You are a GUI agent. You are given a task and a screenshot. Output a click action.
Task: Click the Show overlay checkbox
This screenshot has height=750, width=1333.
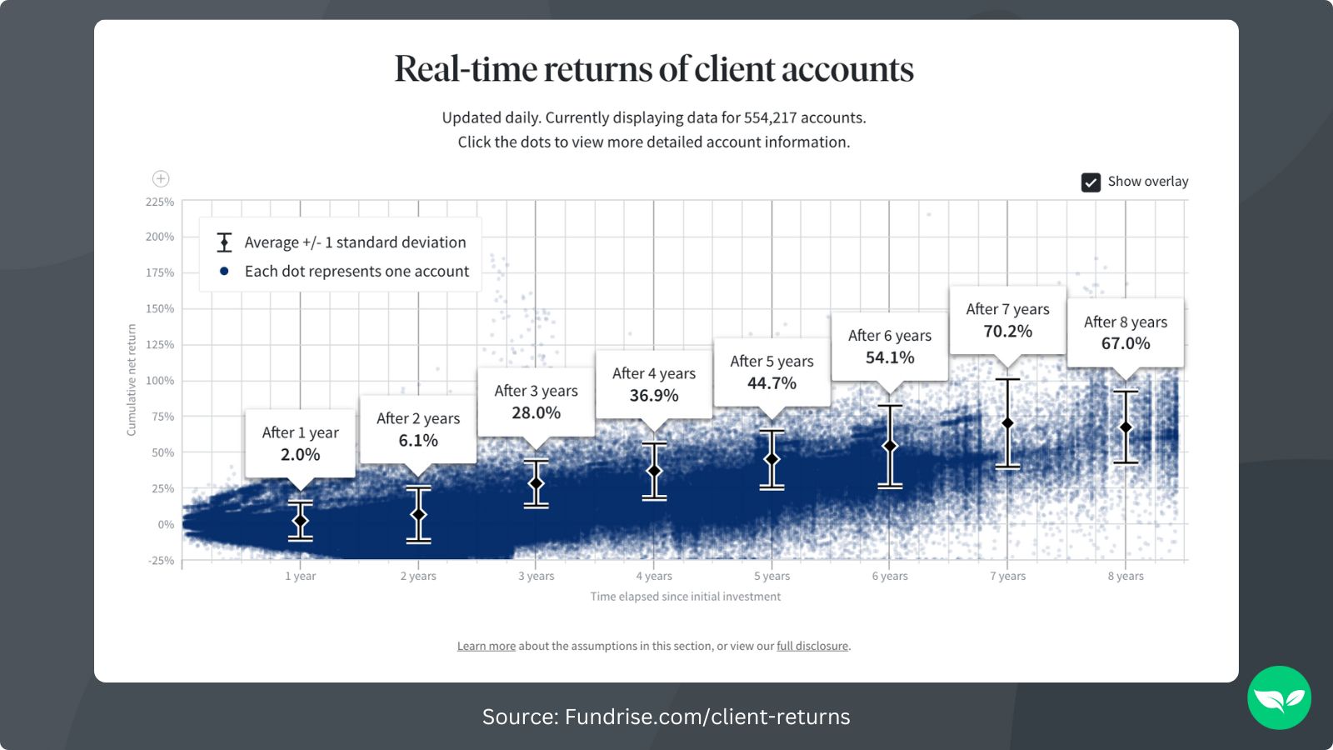tap(1091, 182)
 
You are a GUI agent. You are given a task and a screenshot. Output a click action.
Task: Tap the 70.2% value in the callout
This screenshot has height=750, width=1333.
tap(1007, 332)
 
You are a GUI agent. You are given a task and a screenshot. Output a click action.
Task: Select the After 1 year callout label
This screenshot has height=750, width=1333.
tap(300, 432)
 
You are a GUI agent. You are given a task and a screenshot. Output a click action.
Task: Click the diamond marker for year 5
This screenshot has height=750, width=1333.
tap(771, 459)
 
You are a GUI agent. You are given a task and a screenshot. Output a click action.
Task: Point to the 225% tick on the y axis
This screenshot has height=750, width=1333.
tap(160, 202)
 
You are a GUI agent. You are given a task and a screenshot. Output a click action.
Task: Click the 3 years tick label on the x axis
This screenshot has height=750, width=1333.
tap(536, 577)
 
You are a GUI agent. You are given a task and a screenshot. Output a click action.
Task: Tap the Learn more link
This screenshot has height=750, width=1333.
tap(486, 646)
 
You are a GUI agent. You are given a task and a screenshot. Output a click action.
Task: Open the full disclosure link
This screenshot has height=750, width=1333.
tap(812, 646)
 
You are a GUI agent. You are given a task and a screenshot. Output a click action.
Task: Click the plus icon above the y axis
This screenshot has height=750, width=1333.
tap(161, 179)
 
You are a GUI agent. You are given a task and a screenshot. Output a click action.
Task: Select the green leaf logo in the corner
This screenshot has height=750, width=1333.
tap(1279, 697)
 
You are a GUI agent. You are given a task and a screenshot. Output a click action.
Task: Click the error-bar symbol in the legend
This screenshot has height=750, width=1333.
tap(224, 242)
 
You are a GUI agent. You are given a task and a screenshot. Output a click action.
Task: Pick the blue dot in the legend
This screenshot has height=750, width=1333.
tap(224, 271)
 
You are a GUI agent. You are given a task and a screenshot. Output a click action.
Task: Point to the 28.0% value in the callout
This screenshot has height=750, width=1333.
tap(536, 412)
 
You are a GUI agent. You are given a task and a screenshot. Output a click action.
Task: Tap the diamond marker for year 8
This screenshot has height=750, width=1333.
tap(1126, 427)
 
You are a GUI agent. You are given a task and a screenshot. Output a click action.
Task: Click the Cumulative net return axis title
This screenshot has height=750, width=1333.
tap(132, 380)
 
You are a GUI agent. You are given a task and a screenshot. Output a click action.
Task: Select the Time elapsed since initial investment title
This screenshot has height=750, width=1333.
tap(685, 597)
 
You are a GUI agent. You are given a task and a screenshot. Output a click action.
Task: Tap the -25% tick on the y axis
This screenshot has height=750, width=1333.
tap(161, 561)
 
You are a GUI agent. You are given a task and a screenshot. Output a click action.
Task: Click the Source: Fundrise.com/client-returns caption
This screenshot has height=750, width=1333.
tap(666, 717)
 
